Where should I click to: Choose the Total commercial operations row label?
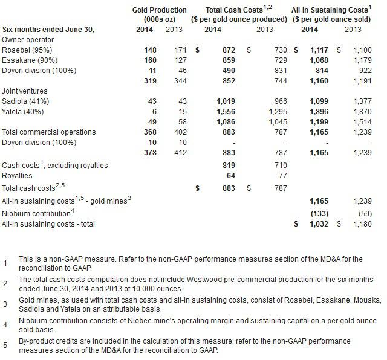(x=49, y=132)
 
